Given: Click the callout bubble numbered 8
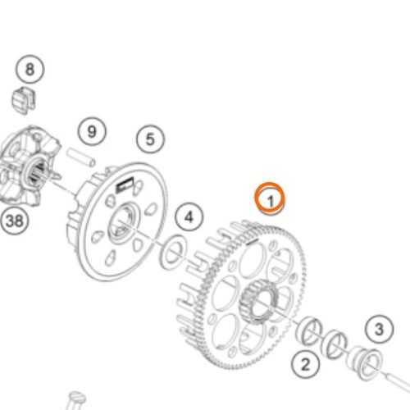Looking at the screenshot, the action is click(30, 69).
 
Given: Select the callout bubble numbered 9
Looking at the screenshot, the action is click(92, 132).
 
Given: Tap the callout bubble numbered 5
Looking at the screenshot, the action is click(151, 139).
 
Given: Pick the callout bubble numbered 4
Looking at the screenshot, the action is click(189, 217).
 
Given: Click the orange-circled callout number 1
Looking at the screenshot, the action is click(270, 198).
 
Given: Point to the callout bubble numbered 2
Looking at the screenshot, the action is click(305, 364).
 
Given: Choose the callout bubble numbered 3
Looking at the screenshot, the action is click(379, 330).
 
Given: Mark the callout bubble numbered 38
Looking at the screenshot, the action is click(14, 221).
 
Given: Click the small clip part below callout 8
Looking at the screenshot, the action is click(24, 99).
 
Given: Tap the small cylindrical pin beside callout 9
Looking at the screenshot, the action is click(81, 157).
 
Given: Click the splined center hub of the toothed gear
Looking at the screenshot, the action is click(258, 303).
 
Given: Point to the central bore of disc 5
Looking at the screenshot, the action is click(123, 224).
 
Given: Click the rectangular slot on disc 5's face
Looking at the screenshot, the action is click(125, 184).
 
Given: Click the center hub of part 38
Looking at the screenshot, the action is click(36, 170).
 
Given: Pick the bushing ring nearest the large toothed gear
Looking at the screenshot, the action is click(309, 330).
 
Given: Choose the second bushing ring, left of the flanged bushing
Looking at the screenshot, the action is click(334, 344).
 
